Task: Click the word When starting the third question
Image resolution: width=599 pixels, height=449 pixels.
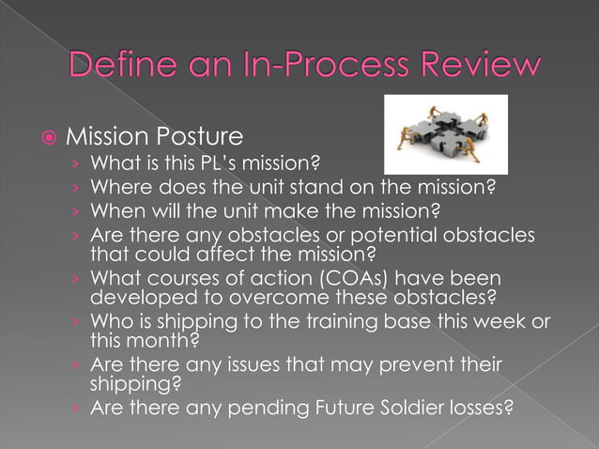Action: pyautogui.click(x=115, y=210)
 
